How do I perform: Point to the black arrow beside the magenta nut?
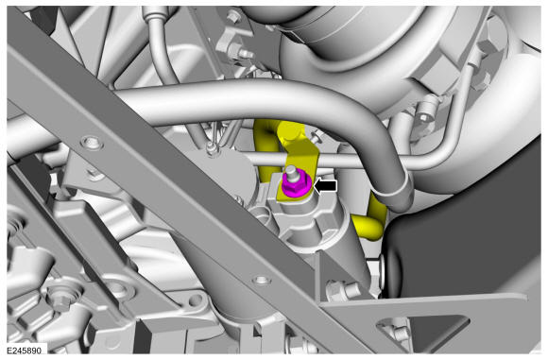coord(325,186)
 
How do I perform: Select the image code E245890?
coord(25,350)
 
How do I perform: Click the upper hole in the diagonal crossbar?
coord(92,143)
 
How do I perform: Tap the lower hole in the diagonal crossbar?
coord(262,280)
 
